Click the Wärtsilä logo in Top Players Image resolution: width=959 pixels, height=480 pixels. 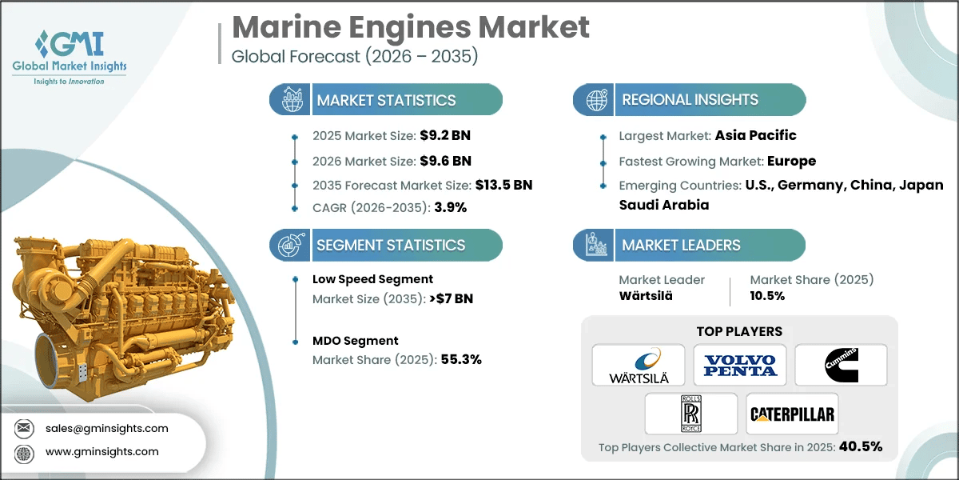[x=638, y=366]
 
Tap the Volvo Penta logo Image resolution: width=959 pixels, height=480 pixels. [x=739, y=366]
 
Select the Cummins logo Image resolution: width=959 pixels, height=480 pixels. [x=841, y=366]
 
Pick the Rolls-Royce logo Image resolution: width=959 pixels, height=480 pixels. [x=690, y=414]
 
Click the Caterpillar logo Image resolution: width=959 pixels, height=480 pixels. [x=791, y=414]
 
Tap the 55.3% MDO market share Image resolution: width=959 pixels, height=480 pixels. [x=461, y=359]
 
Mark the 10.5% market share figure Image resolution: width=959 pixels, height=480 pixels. [x=767, y=295]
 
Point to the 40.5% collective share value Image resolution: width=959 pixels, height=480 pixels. [x=860, y=446]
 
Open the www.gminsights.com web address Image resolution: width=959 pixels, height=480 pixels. [x=101, y=451]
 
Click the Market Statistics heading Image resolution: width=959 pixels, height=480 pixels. [x=386, y=100]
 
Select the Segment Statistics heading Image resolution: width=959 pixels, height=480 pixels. [x=391, y=245]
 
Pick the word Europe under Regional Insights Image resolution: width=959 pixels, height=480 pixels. [x=792, y=160]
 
